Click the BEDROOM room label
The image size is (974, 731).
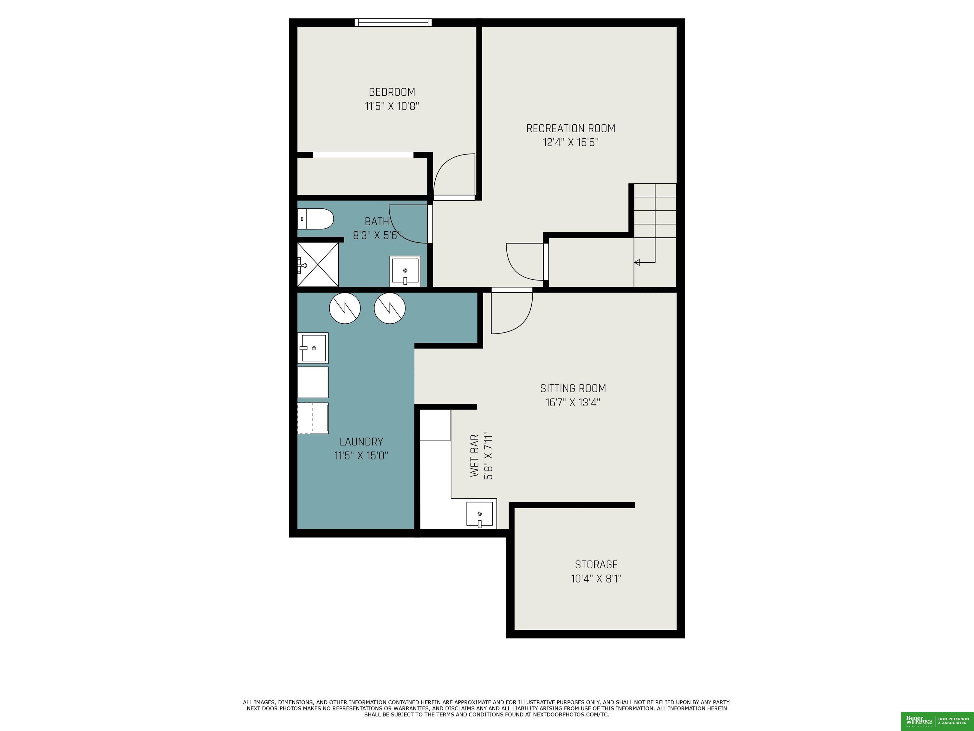[392, 92]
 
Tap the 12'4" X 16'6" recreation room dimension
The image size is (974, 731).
[571, 142]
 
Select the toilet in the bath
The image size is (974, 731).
[315, 219]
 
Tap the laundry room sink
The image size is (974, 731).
[313, 348]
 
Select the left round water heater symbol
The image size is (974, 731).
[345, 308]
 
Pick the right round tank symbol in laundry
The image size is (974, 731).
[390, 308]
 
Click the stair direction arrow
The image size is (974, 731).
[637, 263]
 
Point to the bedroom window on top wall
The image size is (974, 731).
[393, 23]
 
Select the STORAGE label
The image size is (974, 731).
[596, 564]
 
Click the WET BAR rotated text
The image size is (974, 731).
[475, 456]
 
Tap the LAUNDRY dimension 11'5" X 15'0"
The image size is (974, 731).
[361, 456]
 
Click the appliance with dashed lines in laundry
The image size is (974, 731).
[313, 418]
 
